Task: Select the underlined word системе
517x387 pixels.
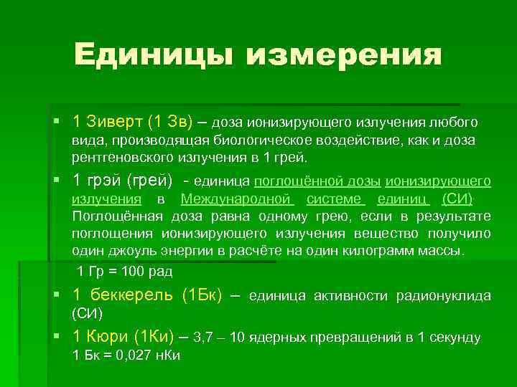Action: (x=335, y=199)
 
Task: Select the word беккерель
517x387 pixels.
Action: (x=134, y=295)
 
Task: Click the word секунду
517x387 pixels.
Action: (x=450, y=337)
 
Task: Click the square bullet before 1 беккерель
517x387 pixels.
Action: (x=56, y=294)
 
